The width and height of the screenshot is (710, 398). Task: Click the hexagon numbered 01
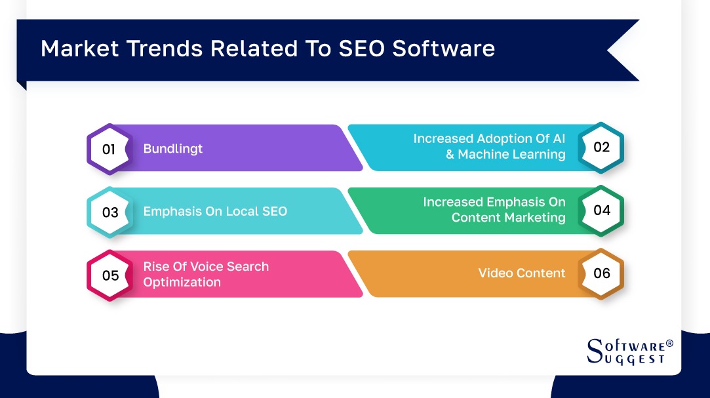109,149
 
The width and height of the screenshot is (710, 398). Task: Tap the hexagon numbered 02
601,147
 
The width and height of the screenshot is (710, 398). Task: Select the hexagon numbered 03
109,212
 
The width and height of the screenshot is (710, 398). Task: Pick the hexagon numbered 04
601,210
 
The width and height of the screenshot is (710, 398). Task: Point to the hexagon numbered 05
109,275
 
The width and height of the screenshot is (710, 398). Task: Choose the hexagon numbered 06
601,273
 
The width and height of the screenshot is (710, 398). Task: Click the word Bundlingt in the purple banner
173,149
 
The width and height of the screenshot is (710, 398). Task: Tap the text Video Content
521,273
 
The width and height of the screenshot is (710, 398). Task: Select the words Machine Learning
511,155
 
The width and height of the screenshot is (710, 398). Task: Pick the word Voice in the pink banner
202,266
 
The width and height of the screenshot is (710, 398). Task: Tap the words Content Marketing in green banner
508,218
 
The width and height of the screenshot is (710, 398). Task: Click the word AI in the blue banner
557,139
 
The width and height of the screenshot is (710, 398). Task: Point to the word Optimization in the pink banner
182,282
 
